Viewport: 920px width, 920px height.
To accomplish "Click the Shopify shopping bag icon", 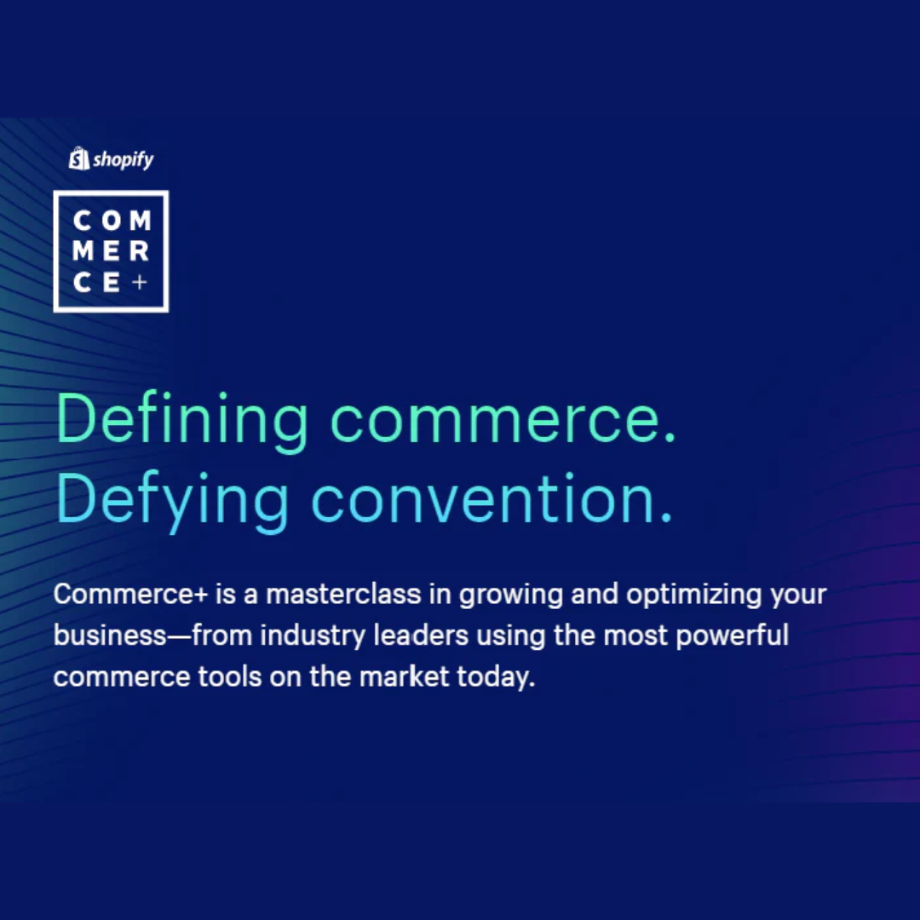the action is pos(78,158).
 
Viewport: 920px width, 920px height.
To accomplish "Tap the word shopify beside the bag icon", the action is pos(124,159).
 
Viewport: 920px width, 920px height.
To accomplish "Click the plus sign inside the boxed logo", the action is pos(140,282).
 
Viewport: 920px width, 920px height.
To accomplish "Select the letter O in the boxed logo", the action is pos(112,221).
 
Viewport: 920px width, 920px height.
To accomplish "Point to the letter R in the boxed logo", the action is pos(140,251).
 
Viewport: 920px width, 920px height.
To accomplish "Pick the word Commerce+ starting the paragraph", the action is pos(131,595).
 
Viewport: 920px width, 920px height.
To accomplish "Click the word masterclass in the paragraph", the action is pos(343,594).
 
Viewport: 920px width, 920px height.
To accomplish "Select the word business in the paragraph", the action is pos(110,635).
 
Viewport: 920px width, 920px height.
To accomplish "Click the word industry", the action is pos(313,636).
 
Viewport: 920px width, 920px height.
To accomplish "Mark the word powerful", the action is pos(732,636).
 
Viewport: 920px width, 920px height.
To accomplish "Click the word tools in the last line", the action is pos(230,677).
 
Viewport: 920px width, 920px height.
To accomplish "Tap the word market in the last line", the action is pos(404,676).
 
